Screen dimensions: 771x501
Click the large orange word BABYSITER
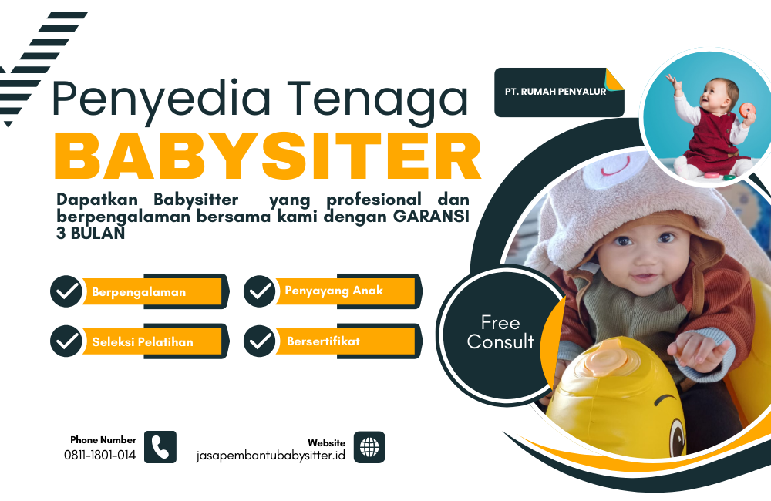(268, 156)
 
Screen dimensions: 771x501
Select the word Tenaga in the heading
(378, 99)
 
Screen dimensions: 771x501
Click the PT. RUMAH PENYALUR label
(555, 92)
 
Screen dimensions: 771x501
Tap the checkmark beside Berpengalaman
(66, 291)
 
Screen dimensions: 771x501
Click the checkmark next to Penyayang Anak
(259, 291)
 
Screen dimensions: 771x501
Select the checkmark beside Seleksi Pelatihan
(66, 341)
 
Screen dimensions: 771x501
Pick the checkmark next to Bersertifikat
(259, 341)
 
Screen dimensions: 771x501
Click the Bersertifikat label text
(323, 341)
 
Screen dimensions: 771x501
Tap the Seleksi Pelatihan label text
(143, 341)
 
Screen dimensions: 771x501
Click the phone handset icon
(160, 447)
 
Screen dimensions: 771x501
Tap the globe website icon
(369, 447)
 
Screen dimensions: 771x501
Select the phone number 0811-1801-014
(99, 456)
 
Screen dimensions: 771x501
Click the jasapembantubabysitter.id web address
(271, 456)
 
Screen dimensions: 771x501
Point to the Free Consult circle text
(500, 332)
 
